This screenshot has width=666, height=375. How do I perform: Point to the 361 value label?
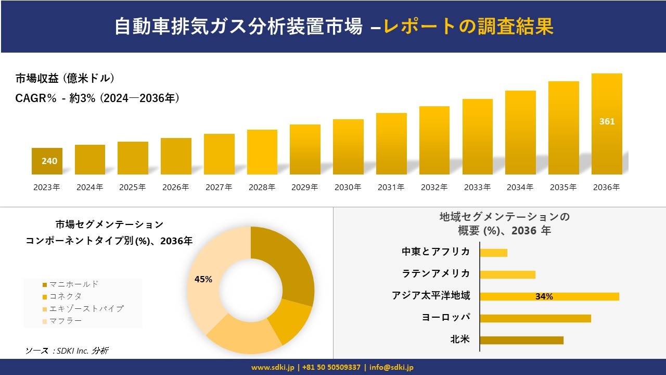point(607,121)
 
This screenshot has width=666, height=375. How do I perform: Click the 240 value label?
point(49,161)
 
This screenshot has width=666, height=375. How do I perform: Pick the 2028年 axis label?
point(262,187)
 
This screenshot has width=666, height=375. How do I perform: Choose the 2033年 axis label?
point(477,187)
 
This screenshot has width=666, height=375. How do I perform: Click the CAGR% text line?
point(97,98)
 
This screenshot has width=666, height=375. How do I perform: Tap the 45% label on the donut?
point(203,279)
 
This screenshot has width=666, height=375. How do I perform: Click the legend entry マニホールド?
point(73,284)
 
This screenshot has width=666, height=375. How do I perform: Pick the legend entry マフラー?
point(65,321)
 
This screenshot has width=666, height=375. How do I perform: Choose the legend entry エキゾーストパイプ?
point(86,309)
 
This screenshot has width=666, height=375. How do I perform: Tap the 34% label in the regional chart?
point(544,297)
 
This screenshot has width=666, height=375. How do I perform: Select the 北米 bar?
point(521,340)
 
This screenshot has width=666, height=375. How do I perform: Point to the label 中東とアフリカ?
point(436,252)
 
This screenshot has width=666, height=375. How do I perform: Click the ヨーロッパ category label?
point(445,318)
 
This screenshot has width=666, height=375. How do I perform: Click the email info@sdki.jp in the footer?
point(391,367)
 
